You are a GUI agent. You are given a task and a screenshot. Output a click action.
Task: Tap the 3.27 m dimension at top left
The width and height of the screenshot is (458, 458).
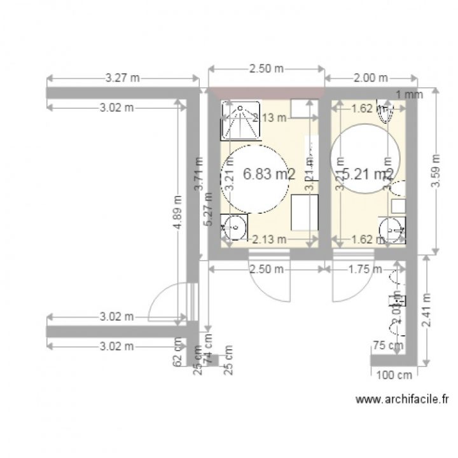point(122,78)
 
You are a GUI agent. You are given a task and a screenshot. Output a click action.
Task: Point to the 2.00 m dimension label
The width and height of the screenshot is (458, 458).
point(370,78)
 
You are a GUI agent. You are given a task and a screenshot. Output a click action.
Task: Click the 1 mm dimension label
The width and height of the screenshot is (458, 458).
point(408,95)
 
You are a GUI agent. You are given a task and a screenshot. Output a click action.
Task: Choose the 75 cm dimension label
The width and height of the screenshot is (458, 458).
point(387,345)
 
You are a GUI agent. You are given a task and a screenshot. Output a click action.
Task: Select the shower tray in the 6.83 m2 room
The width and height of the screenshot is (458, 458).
point(240,121)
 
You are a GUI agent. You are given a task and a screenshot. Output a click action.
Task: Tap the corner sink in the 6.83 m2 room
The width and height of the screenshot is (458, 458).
point(235,227)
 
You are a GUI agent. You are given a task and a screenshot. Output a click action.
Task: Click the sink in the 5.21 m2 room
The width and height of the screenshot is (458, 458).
point(391,229)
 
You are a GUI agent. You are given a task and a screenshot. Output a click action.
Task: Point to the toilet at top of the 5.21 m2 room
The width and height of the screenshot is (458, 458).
point(386,109)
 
